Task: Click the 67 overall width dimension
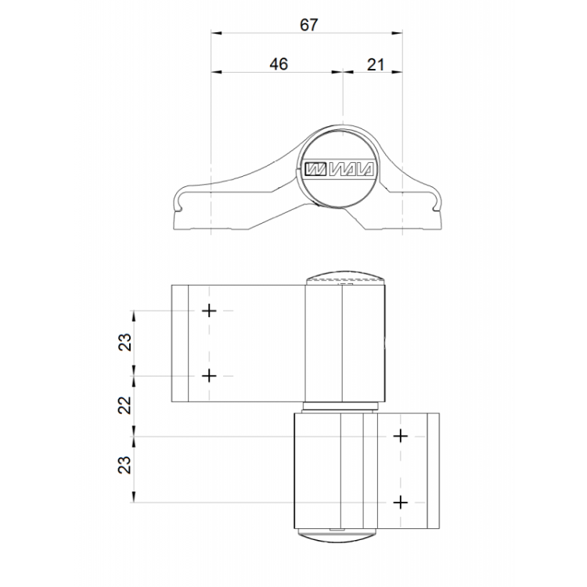click(x=308, y=24)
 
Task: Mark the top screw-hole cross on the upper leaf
click(x=209, y=311)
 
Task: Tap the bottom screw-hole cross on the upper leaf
click(x=209, y=376)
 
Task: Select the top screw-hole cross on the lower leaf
click(x=401, y=436)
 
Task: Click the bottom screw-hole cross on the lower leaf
click(x=401, y=501)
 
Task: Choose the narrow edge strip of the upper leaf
click(x=180, y=343)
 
